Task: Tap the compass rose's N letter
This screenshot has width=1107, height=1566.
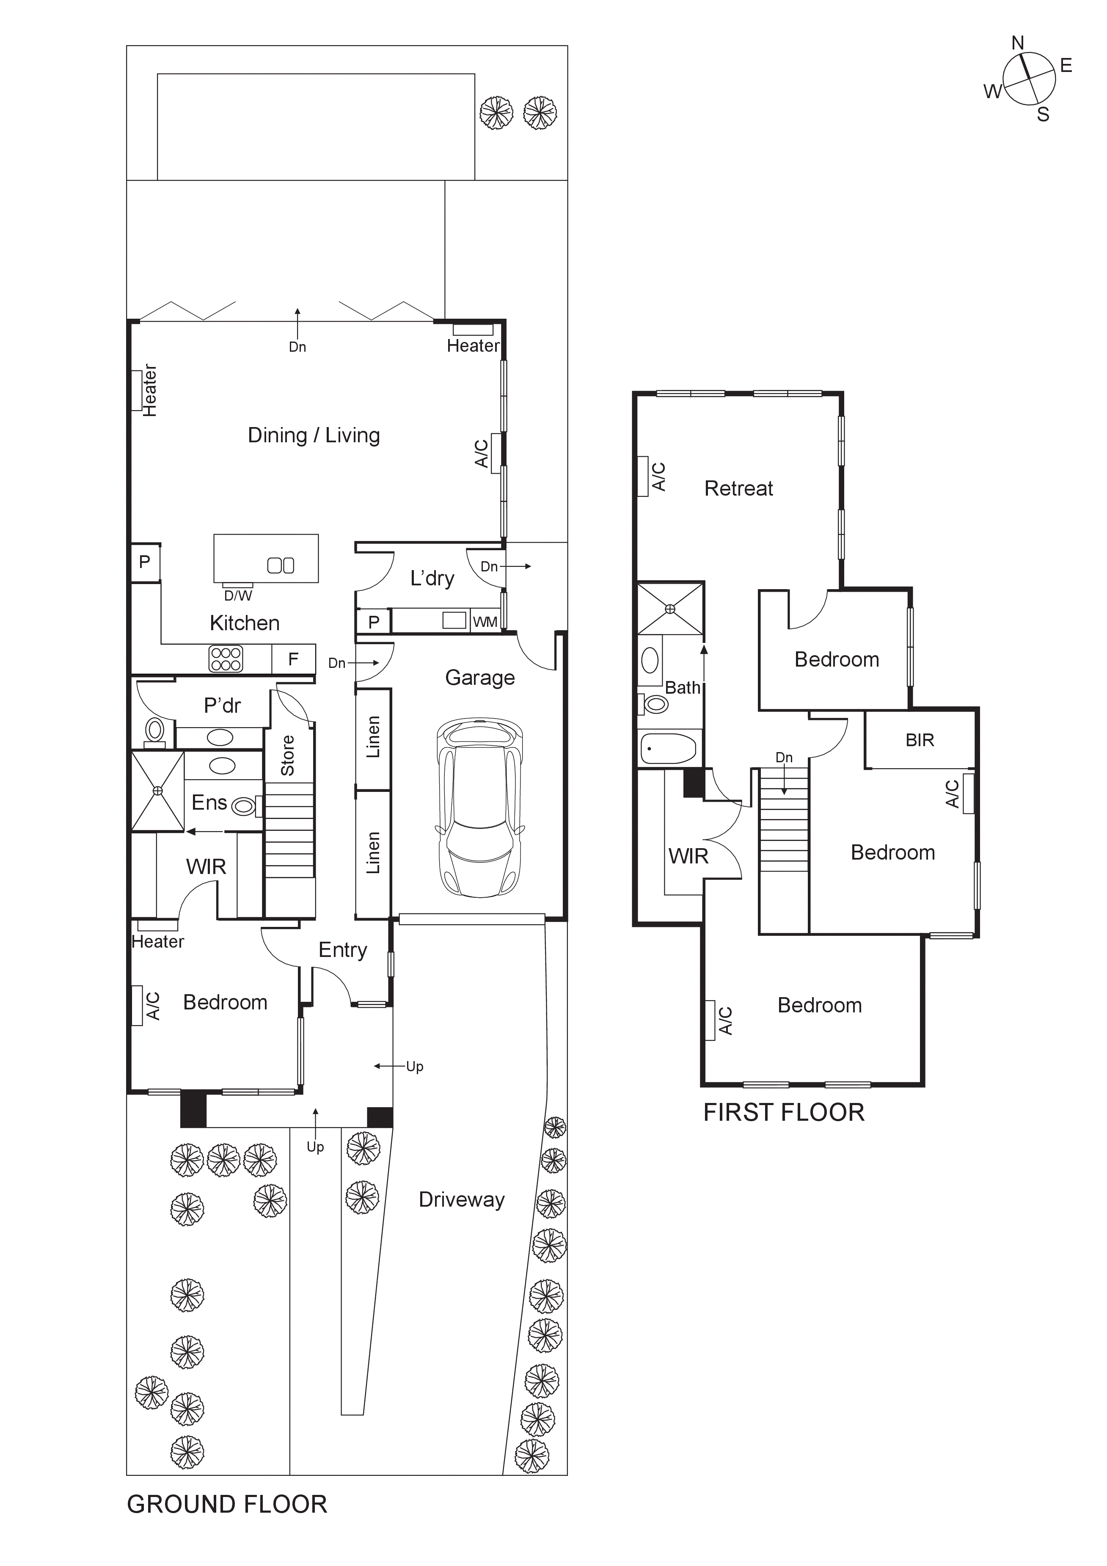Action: [1018, 43]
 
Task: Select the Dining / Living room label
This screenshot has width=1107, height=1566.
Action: [314, 435]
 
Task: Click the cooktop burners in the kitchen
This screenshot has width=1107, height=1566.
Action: [226, 659]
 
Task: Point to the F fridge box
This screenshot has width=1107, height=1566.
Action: [293, 659]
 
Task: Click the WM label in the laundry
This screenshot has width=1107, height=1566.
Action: [485, 622]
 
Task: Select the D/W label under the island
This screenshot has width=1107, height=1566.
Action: [238, 596]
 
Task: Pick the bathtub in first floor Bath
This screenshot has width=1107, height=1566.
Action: [669, 749]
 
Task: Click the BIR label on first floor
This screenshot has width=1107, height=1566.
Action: [920, 740]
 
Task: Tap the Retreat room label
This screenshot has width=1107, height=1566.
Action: [739, 488]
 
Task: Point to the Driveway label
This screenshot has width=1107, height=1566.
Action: [462, 1200]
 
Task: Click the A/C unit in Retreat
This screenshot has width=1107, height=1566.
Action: [642, 476]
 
